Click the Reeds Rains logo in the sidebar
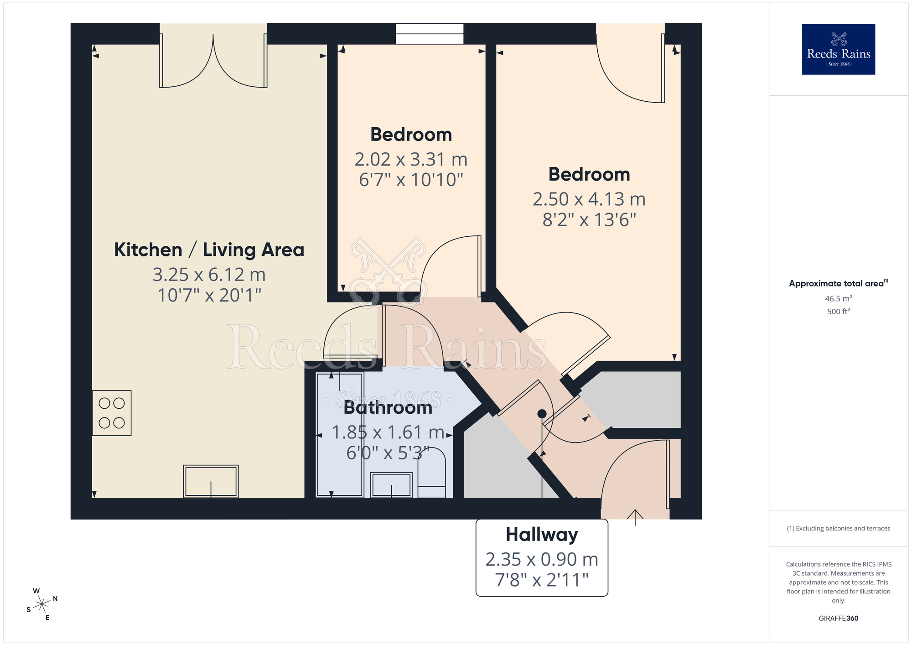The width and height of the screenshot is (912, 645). click(838, 49)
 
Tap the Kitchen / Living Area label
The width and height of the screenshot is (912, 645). click(209, 250)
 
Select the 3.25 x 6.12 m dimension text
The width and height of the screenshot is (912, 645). click(209, 275)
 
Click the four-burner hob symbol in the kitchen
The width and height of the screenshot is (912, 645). click(112, 413)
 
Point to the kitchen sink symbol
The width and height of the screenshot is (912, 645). click(211, 481)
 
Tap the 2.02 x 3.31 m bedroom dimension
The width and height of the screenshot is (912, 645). click(411, 160)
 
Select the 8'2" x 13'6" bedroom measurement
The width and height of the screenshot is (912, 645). click(589, 220)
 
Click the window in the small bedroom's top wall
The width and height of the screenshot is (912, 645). click(429, 34)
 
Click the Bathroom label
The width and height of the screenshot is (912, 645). click(388, 407)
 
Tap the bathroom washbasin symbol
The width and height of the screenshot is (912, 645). click(391, 484)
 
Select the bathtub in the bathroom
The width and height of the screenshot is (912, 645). click(340, 435)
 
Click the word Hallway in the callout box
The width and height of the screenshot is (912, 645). click(541, 535)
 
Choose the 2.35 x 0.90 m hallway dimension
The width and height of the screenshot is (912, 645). click(541, 559)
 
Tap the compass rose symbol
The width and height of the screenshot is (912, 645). click(42, 605)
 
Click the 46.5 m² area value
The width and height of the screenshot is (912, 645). click(838, 299)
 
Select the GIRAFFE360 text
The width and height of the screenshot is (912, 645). click(838, 619)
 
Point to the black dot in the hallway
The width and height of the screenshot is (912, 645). click(542, 414)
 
